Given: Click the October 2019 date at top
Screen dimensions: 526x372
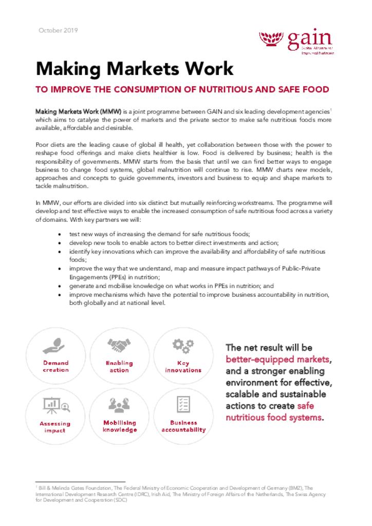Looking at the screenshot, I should (x=58, y=30).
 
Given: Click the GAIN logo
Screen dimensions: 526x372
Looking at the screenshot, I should (x=296, y=42).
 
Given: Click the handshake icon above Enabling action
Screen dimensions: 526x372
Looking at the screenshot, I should (x=119, y=345).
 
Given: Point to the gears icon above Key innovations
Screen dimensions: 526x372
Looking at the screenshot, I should (x=183, y=345).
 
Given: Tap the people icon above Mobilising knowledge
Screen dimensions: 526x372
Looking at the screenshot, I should (x=119, y=406).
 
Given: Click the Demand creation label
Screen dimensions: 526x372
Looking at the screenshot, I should (x=55, y=366).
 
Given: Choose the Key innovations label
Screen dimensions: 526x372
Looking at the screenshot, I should (x=183, y=366).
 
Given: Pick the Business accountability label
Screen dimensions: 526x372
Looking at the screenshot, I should (x=183, y=426).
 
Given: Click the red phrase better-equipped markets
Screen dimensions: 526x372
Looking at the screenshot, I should (x=278, y=359).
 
